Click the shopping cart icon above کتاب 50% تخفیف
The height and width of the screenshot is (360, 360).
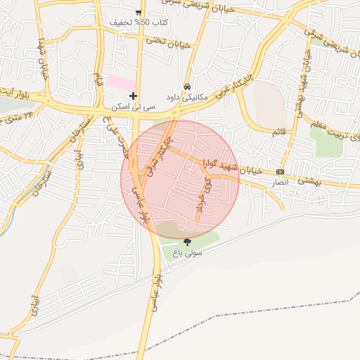[139, 12]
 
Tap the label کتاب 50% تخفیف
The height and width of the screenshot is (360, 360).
[139, 22]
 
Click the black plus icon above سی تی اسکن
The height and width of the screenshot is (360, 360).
[133, 96]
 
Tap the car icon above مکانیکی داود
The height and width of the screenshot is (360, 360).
[186, 86]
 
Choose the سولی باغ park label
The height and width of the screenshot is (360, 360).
[188, 252]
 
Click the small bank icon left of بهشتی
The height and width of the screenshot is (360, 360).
[281, 172]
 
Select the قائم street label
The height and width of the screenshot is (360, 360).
[279, 131]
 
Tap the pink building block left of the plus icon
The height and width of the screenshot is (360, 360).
[117, 82]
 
